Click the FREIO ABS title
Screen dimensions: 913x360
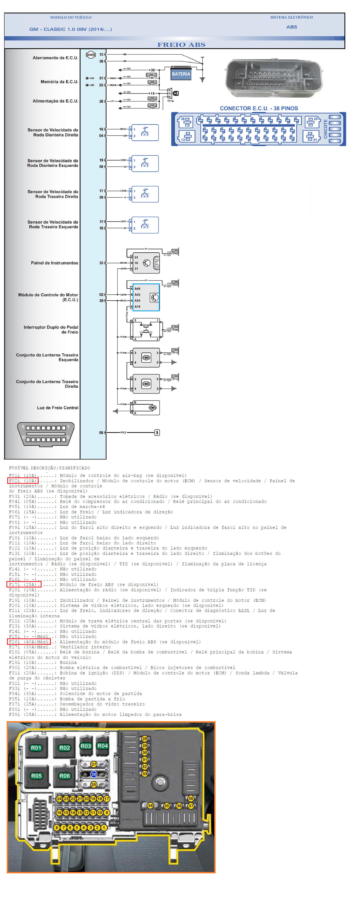[181, 45]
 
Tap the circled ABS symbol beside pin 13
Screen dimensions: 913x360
[91, 55]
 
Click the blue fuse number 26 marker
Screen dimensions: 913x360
[93, 774]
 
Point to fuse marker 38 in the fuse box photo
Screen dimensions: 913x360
[191, 799]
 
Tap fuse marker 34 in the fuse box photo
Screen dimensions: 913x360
[150, 806]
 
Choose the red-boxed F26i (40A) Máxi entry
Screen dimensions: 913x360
[29, 642]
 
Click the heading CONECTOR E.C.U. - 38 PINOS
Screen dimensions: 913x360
[259, 108]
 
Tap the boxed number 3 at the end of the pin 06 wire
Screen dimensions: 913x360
[157, 432]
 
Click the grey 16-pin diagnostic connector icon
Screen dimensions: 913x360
[46, 434]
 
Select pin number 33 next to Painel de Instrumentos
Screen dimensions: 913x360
[101, 263]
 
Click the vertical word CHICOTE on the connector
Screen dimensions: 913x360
[325, 129]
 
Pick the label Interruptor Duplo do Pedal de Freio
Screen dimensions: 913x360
[51, 330]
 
